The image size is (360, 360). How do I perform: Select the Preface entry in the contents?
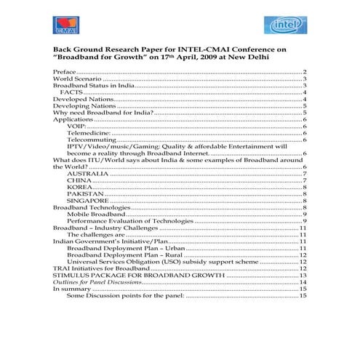65,73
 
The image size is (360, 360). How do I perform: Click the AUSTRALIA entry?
89,174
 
